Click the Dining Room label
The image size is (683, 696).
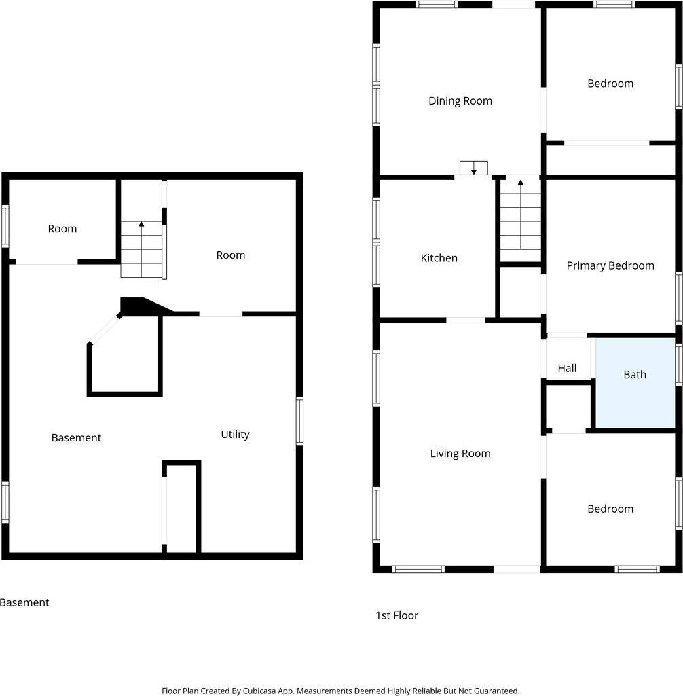pyautogui.click(x=460, y=101)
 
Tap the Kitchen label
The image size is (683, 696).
pyautogui.click(x=439, y=258)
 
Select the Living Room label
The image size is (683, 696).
pyautogui.click(x=460, y=454)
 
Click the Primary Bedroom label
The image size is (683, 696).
pyautogui.click(x=610, y=266)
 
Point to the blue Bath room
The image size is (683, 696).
pyautogui.click(x=635, y=383)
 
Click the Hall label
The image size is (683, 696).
pyautogui.click(x=567, y=368)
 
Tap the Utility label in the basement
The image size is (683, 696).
pyautogui.click(x=235, y=434)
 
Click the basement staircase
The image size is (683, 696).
pyautogui.click(x=142, y=249)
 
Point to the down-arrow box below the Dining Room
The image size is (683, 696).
pyautogui.click(x=473, y=168)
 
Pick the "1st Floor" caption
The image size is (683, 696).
pyautogui.click(x=396, y=615)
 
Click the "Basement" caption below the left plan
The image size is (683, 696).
pyautogui.click(x=24, y=602)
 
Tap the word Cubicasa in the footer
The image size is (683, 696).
pyautogui.click(x=259, y=691)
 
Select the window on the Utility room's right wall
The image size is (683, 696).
pyautogui.click(x=299, y=421)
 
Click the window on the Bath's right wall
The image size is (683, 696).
pyautogui.click(x=679, y=363)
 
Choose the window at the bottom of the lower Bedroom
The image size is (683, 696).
pyautogui.click(x=638, y=569)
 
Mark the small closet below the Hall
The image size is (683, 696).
pyautogui.click(x=568, y=407)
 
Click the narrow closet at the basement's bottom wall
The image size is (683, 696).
pyautogui.click(x=181, y=509)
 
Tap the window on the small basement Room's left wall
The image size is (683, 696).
pyautogui.click(x=5, y=226)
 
